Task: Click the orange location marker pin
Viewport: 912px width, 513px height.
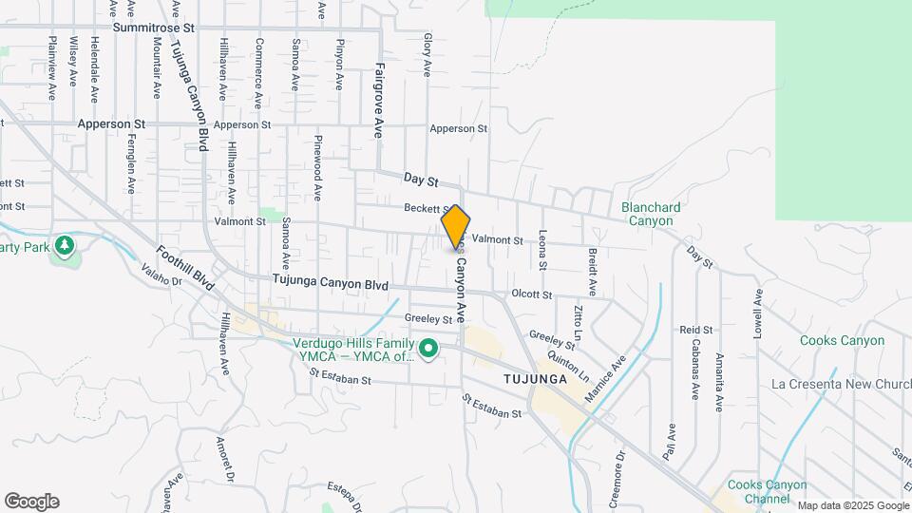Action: (x=456, y=227)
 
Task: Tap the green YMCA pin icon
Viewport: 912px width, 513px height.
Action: (x=427, y=351)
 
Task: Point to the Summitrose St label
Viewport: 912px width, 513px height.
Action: (x=153, y=28)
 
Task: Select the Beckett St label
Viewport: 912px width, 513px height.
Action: (x=426, y=208)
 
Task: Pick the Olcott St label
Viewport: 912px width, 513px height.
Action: (x=531, y=294)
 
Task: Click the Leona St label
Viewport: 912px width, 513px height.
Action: (x=543, y=252)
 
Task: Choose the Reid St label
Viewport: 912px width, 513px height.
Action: (x=689, y=329)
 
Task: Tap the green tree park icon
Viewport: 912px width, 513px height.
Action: (x=64, y=246)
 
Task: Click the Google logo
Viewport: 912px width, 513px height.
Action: (x=31, y=502)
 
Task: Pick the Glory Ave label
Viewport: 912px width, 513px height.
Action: (x=427, y=55)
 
